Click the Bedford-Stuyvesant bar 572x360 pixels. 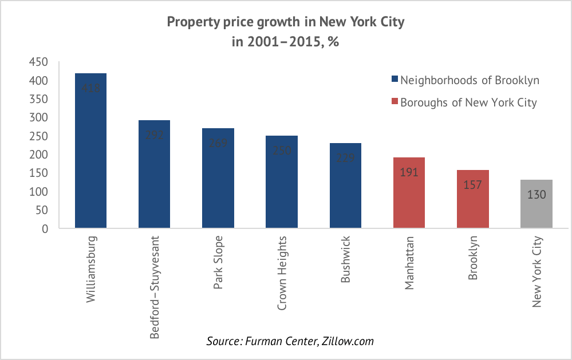click(x=155, y=175)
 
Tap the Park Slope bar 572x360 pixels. click(x=218, y=179)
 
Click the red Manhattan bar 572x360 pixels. click(x=409, y=193)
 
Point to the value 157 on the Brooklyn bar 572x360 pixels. click(x=473, y=185)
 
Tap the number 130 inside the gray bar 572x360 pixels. click(x=537, y=195)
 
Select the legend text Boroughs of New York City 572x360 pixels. click(x=468, y=102)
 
